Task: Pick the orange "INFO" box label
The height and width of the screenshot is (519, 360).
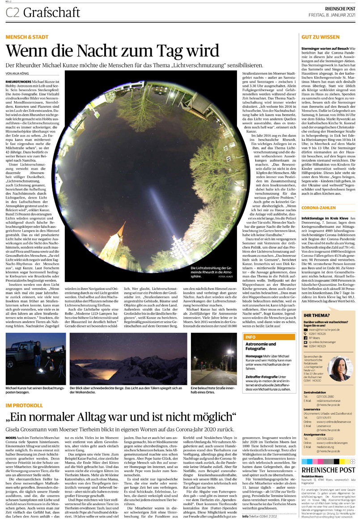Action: [x=250, y=336]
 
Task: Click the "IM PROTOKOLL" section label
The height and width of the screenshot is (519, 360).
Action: [x=24, y=405]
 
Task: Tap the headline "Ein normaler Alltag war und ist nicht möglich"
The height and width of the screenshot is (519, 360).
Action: [x=121, y=418]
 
